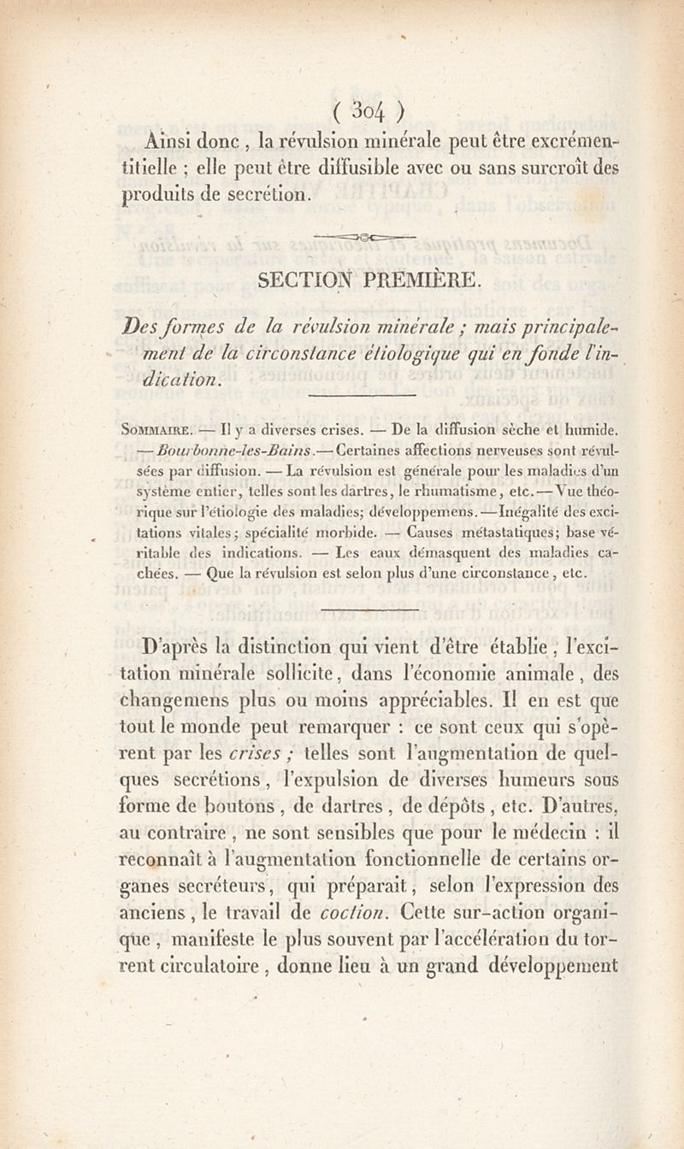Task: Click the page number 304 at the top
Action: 368,113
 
